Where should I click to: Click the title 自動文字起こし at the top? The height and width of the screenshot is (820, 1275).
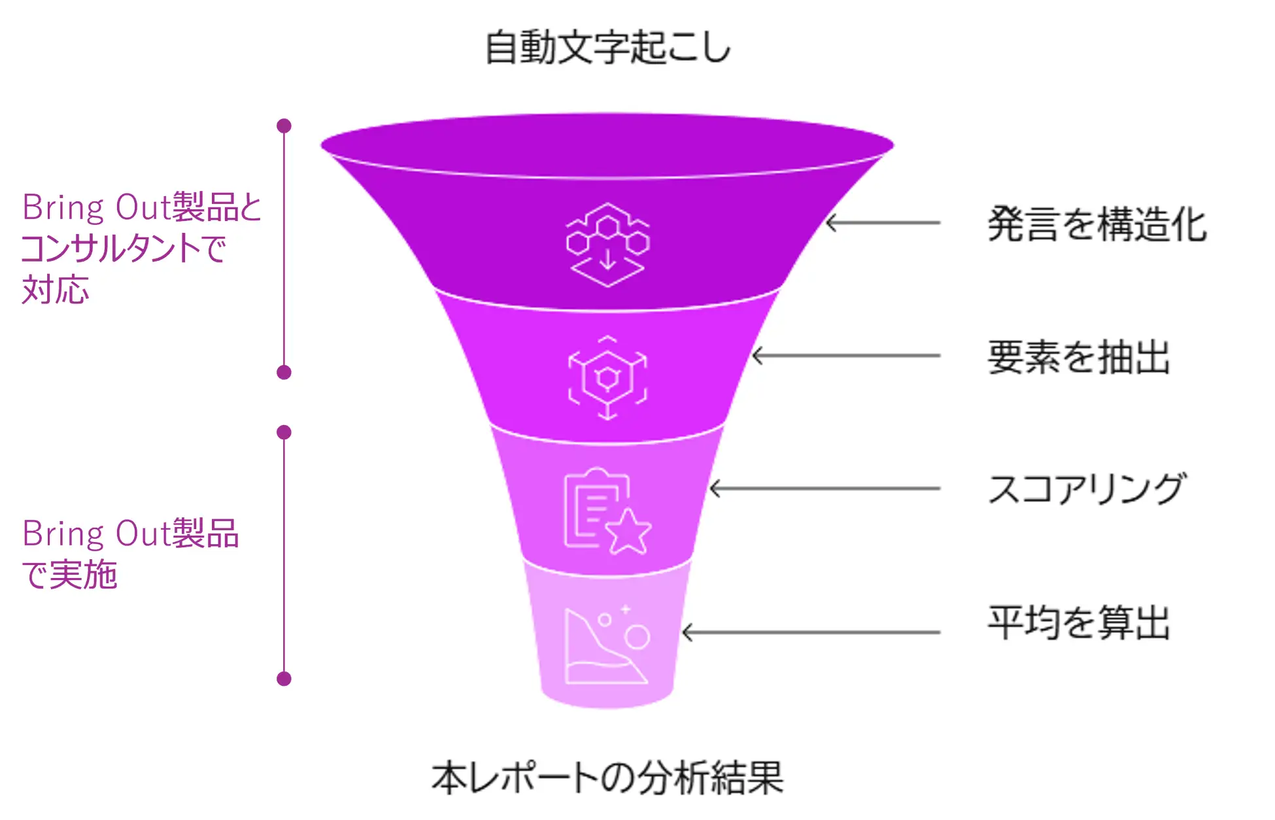pyautogui.click(x=607, y=48)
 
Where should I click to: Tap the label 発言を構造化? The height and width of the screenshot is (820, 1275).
pyautogui.click(x=1096, y=224)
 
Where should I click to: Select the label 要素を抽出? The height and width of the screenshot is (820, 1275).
pyautogui.click(x=1079, y=357)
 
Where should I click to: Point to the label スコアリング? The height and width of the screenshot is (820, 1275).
pyautogui.click(x=1086, y=489)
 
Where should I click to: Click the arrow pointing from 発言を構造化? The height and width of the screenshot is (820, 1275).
pyautogui.click(x=883, y=223)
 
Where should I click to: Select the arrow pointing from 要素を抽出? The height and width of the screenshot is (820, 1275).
pyautogui.click(x=846, y=356)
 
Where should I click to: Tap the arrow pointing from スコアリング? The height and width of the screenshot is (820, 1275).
pyautogui.click(x=824, y=488)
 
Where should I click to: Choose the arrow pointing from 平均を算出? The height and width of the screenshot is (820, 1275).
pyautogui.click(x=811, y=632)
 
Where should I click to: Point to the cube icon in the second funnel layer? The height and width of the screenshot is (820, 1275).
pyautogui.click(x=607, y=378)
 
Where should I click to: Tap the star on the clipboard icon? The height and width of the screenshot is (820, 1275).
pyautogui.click(x=628, y=532)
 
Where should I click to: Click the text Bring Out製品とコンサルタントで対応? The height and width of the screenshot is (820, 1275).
pyautogui.click(x=141, y=248)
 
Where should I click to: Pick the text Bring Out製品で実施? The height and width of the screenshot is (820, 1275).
pyautogui.click(x=130, y=554)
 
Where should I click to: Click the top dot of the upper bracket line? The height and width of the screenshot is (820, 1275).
pyautogui.click(x=284, y=126)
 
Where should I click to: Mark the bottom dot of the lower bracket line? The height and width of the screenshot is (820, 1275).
pyautogui.click(x=284, y=679)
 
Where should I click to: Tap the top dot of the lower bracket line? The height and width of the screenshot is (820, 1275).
pyautogui.click(x=284, y=432)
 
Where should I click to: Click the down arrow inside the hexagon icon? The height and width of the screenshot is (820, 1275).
pyautogui.click(x=607, y=260)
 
